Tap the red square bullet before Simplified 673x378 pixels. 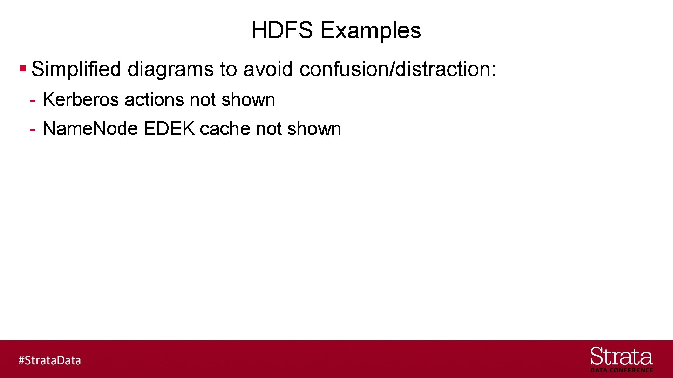23,68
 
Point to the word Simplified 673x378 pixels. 76,69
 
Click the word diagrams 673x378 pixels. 170,69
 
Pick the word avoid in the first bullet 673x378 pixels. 268,69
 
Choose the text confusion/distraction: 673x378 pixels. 397,69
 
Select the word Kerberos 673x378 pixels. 81,100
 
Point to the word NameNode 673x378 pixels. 90,129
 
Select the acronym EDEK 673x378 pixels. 169,129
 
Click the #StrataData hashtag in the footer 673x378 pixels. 50,360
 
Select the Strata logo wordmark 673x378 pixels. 621,357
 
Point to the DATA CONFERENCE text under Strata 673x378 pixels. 621,370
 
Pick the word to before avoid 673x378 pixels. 228,69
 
